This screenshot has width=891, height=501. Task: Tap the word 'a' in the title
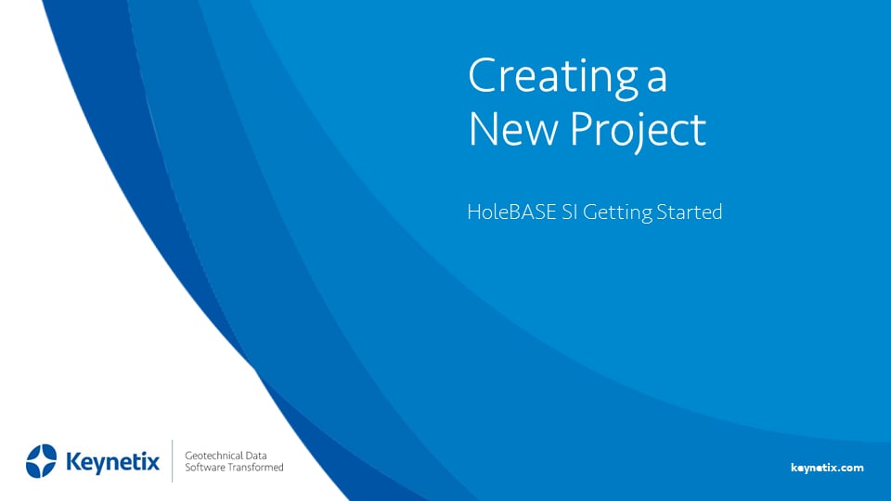pyautogui.click(x=656, y=81)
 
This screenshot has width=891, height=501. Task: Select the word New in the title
pyautogui.click(x=513, y=130)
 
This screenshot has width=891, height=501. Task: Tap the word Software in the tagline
pyautogui.click(x=207, y=468)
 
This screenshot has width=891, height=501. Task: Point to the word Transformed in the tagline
pyautogui.click(x=257, y=468)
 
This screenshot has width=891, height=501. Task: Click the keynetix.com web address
pyautogui.click(x=827, y=468)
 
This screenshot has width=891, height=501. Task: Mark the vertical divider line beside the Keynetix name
pyautogui.click(x=173, y=461)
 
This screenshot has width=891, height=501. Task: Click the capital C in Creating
pyautogui.click(x=482, y=77)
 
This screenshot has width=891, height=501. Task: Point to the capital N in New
pyautogui.click(x=484, y=130)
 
